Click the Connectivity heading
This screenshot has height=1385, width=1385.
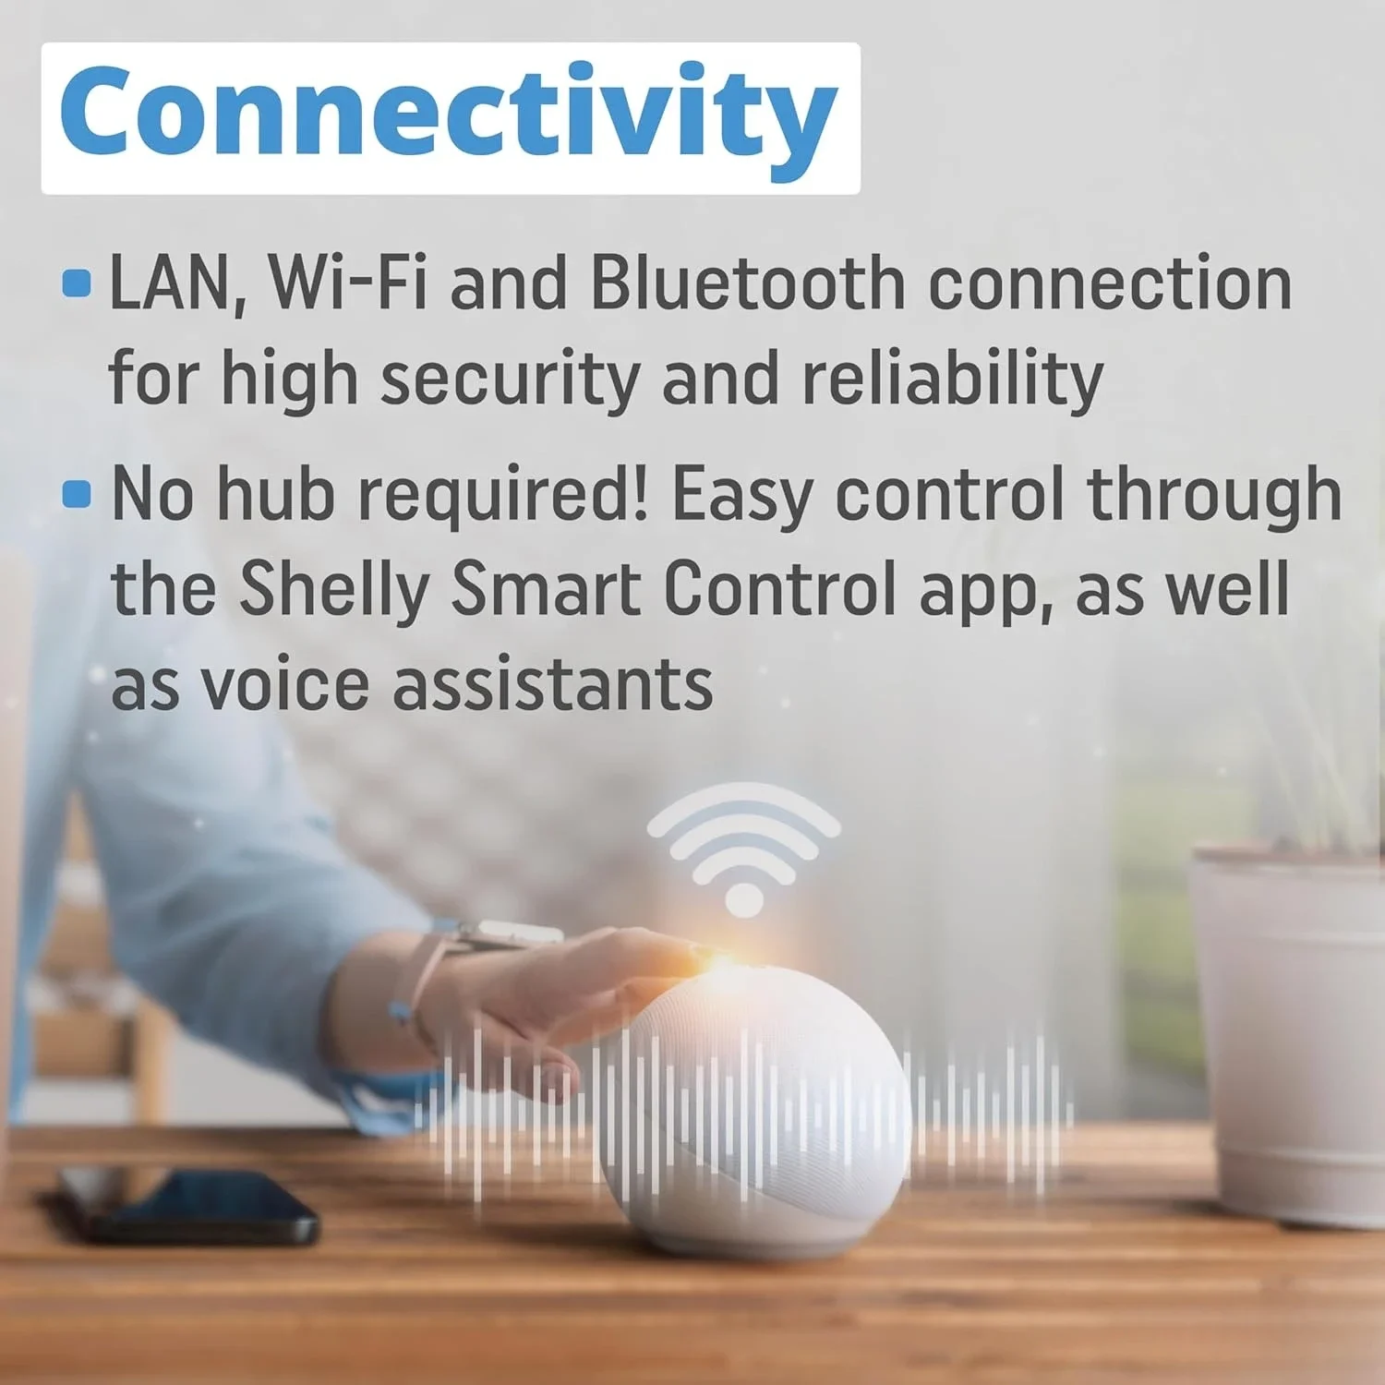coord(450,117)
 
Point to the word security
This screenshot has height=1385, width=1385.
coord(510,379)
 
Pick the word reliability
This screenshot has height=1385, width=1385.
coord(952,379)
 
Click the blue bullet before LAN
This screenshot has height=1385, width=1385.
coord(77,283)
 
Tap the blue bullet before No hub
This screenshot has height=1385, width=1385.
coord(77,494)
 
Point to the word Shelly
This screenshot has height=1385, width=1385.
coord(334,591)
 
